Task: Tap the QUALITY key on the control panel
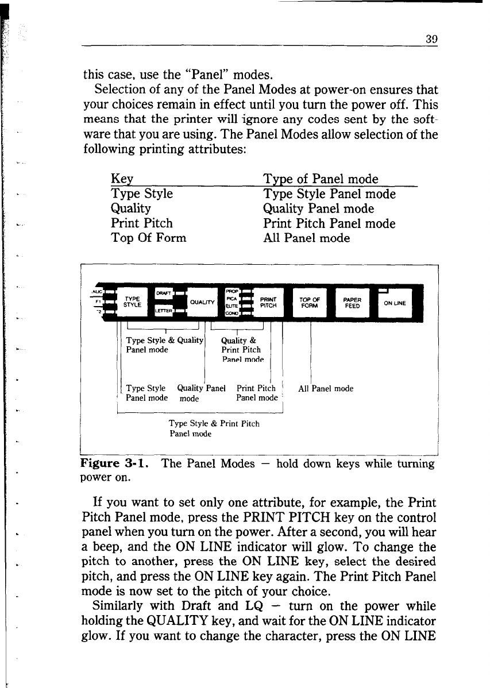[x=199, y=303]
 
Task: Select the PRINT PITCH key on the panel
[x=268, y=302]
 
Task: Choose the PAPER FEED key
[x=352, y=303]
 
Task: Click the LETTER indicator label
[x=164, y=312]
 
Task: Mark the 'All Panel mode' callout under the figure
[x=326, y=389]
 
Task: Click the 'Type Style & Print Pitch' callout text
[x=214, y=424]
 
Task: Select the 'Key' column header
[x=122, y=179]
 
